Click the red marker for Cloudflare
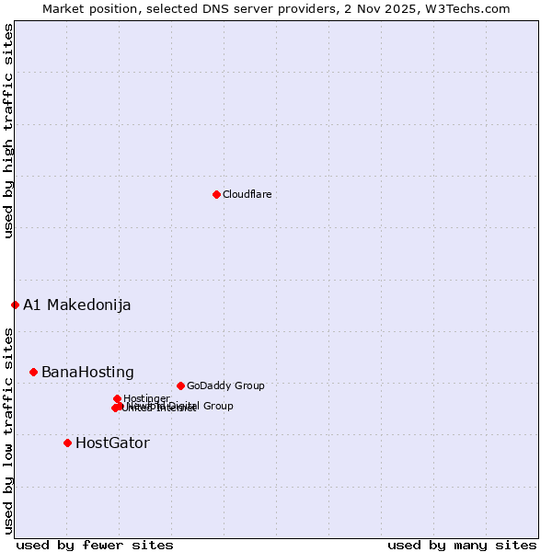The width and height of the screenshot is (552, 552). (x=216, y=194)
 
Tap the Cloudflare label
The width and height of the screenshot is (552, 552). (x=247, y=194)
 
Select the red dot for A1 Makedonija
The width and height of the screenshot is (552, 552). (x=15, y=305)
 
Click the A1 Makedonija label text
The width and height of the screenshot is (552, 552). (x=76, y=305)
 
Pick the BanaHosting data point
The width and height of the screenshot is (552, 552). (x=33, y=372)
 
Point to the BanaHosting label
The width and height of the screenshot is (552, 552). (x=87, y=372)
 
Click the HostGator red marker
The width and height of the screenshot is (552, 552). (x=67, y=443)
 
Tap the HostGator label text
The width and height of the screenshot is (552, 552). (x=112, y=443)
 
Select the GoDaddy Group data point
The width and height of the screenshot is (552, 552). (x=180, y=385)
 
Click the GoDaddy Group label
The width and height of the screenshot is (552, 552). (x=225, y=385)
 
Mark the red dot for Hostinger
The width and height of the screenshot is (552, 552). (x=117, y=398)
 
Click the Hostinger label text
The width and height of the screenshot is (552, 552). (x=146, y=398)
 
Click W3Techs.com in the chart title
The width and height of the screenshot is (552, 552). (x=465, y=8)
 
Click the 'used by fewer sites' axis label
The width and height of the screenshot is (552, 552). (x=95, y=545)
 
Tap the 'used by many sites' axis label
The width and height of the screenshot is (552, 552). (x=462, y=545)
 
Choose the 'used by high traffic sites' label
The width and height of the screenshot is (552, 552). (x=8, y=131)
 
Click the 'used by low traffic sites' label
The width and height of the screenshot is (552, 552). (x=8, y=430)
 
